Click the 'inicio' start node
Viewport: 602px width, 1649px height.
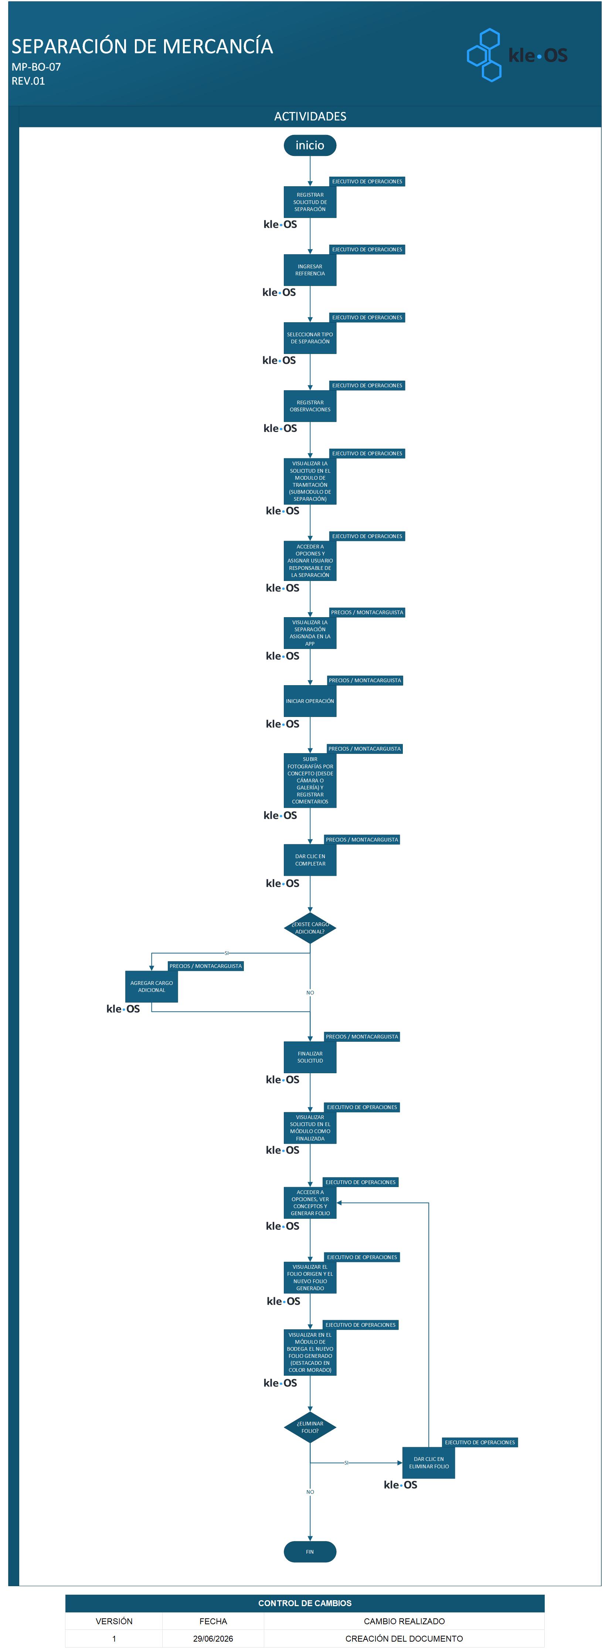click(x=310, y=145)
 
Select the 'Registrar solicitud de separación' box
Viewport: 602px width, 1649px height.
click(x=310, y=202)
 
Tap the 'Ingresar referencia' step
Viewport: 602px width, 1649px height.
click(x=310, y=270)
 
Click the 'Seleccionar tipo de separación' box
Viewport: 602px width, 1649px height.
click(x=310, y=338)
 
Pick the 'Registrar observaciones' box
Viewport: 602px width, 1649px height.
click(x=310, y=406)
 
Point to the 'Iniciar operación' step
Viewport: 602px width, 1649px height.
click(x=310, y=701)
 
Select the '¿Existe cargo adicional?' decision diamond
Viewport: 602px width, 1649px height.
click(x=310, y=928)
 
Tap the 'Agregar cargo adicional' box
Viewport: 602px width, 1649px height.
click(x=151, y=986)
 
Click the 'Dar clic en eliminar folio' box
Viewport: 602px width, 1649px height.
click(x=428, y=1463)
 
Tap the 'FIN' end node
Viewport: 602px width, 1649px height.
click(x=310, y=1552)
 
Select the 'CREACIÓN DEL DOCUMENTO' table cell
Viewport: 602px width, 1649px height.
click(x=404, y=1639)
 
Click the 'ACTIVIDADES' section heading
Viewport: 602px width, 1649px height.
click(x=310, y=116)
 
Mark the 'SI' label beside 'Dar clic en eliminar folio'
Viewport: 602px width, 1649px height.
click(x=347, y=1463)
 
